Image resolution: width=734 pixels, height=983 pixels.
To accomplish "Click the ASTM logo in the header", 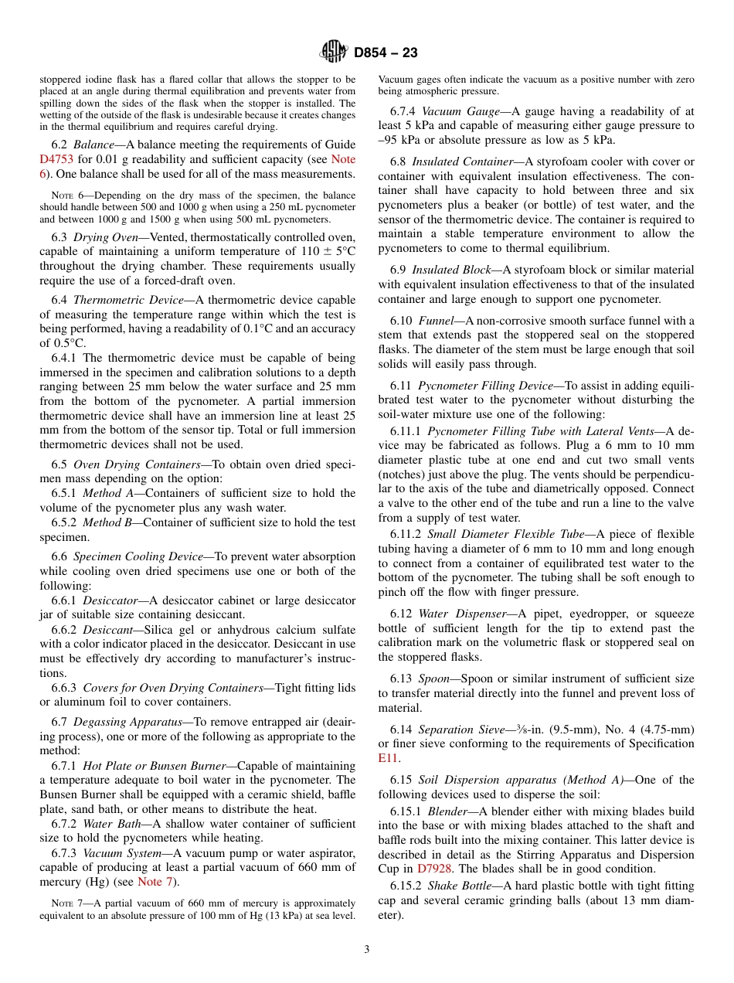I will click(335, 52).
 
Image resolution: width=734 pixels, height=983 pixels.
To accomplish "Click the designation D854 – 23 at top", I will click(386, 53).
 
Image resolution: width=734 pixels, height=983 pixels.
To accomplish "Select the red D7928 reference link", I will click(434, 869).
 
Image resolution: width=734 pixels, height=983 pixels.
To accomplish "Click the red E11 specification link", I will click(388, 758).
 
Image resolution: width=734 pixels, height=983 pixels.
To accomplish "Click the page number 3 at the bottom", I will click(367, 950).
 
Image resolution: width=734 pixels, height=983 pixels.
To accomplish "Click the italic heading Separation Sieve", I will click(461, 729).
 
